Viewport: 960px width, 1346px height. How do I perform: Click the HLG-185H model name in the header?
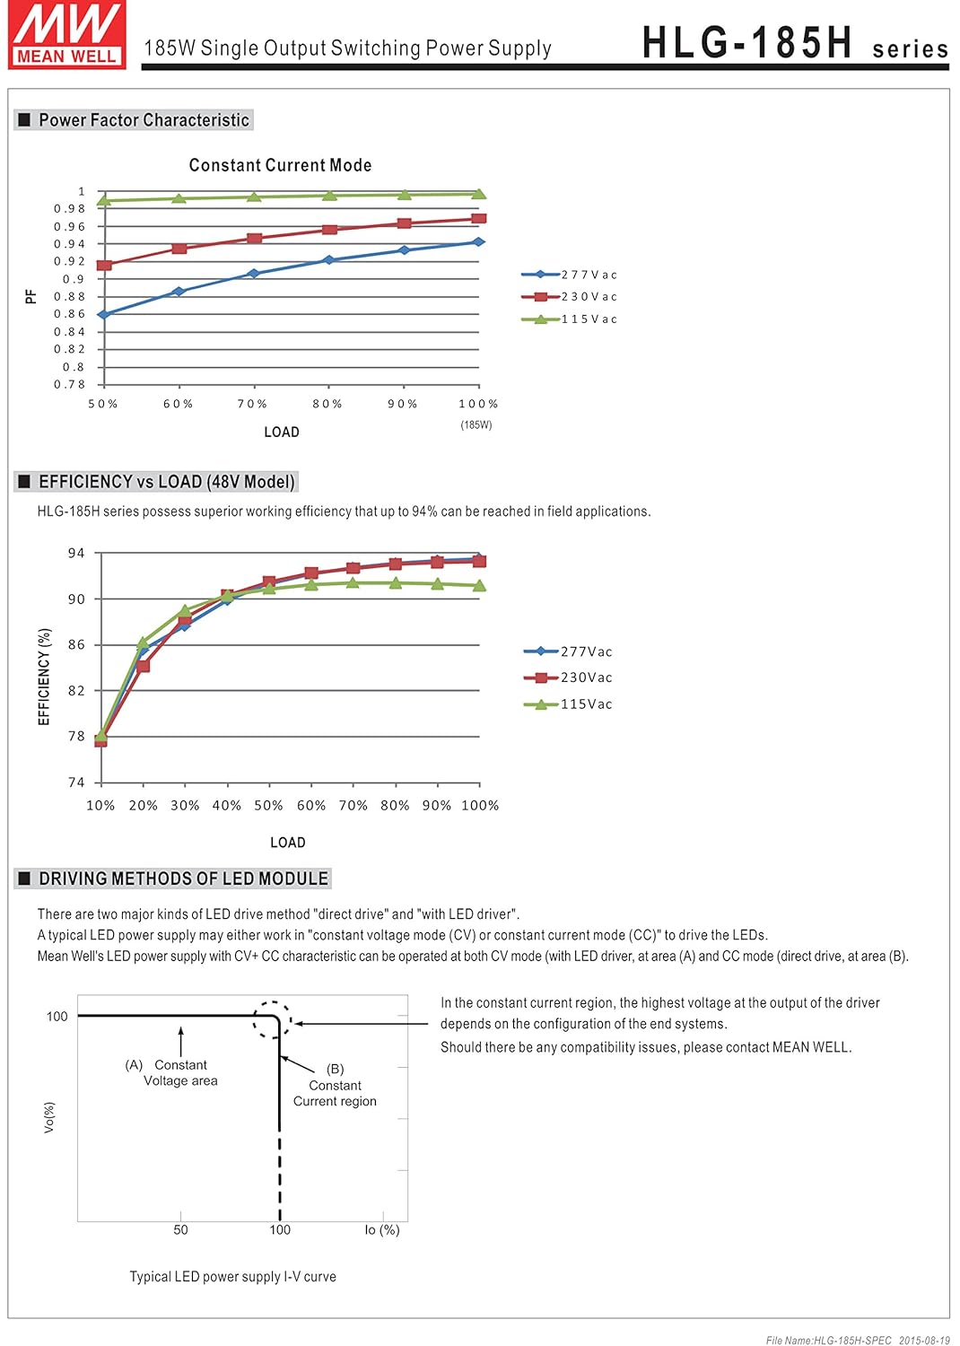[746, 42]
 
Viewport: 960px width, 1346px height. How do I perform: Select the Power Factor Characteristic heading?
[144, 120]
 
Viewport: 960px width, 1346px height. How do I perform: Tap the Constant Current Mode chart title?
[280, 165]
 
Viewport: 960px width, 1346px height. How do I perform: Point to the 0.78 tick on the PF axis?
[70, 385]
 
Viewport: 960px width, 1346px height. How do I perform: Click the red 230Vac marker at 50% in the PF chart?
[104, 266]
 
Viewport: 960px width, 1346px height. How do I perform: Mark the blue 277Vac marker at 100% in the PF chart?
[478, 242]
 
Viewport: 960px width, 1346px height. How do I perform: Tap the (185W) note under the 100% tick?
[476, 425]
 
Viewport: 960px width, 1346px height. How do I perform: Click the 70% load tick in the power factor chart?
[252, 404]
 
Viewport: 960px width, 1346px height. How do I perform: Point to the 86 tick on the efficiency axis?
[77, 644]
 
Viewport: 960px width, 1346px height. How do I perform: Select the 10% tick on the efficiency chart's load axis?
[100, 806]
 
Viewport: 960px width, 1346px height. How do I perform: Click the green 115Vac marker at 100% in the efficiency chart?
[479, 585]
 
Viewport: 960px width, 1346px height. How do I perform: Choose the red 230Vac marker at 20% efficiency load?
[143, 666]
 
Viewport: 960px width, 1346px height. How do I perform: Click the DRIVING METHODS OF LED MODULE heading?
[183, 878]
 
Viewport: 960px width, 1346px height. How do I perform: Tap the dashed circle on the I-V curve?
[272, 1020]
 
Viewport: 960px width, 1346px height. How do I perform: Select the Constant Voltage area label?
[180, 1072]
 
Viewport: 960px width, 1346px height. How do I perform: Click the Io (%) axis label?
[382, 1229]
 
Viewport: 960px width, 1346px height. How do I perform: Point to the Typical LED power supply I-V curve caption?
[232, 1277]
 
